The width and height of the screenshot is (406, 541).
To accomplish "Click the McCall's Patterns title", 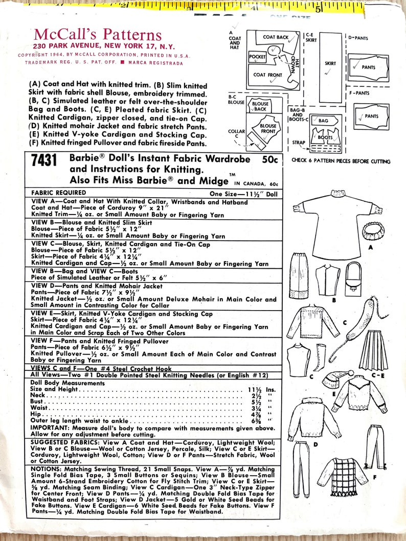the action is pos(98,35).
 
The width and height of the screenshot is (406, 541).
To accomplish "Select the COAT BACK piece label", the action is pos(276,37).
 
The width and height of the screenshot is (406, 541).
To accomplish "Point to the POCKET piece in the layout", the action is pos(258,57).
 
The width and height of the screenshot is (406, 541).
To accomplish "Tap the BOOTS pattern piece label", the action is pos(325,137).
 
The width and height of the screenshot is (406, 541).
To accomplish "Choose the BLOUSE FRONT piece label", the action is pos(268,128).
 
